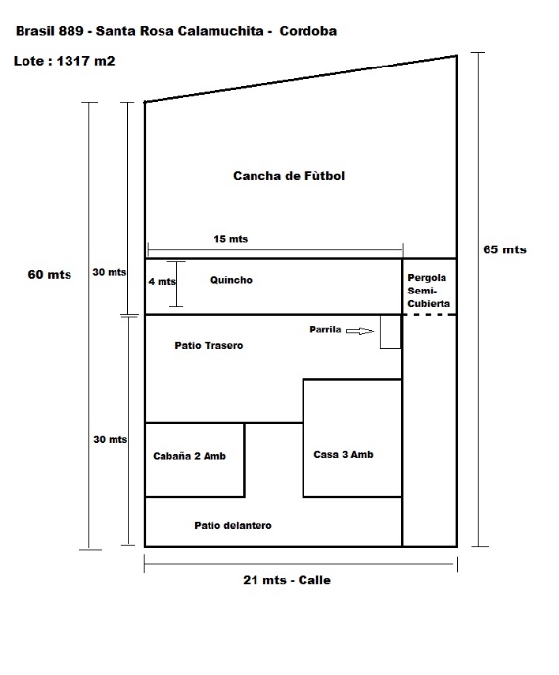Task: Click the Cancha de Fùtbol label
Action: (x=289, y=176)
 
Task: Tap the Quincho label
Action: (x=231, y=280)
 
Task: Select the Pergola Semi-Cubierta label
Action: (x=429, y=291)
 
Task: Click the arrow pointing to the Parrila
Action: (x=359, y=331)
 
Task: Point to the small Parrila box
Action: (x=391, y=332)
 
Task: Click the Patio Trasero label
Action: (x=209, y=345)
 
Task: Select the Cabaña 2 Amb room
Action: (x=195, y=460)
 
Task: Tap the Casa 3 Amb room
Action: (x=352, y=438)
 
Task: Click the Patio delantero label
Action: (x=233, y=525)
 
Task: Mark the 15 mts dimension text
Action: (x=231, y=239)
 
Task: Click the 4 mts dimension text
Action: (x=162, y=282)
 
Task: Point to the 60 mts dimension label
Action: (x=50, y=274)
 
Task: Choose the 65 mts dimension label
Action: (x=504, y=249)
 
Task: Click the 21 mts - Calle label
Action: (x=287, y=580)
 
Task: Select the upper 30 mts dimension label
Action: (x=110, y=272)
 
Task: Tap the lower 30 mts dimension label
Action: (x=111, y=439)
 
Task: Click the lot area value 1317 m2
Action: (x=86, y=61)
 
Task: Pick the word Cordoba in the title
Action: (x=308, y=31)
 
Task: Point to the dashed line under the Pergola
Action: (x=430, y=315)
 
